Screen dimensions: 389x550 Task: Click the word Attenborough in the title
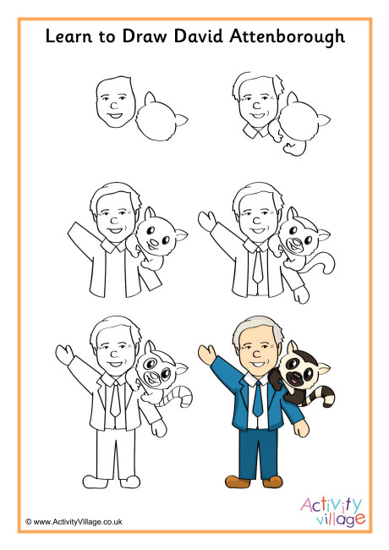click(288, 37)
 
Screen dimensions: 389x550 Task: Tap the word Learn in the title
click(68, 36)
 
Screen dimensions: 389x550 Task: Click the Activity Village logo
click(332, 511)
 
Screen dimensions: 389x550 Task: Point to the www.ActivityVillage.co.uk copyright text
click(74, 521)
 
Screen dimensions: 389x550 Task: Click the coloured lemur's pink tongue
click(293, 381)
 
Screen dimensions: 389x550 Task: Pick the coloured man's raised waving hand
click(207, 355)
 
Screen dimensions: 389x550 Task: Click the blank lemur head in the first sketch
click(160, 118)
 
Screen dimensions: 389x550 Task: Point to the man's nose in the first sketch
click(114, 105)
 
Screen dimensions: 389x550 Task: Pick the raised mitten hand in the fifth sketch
click(64, 355)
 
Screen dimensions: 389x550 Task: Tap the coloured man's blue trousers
click(258, 454)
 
